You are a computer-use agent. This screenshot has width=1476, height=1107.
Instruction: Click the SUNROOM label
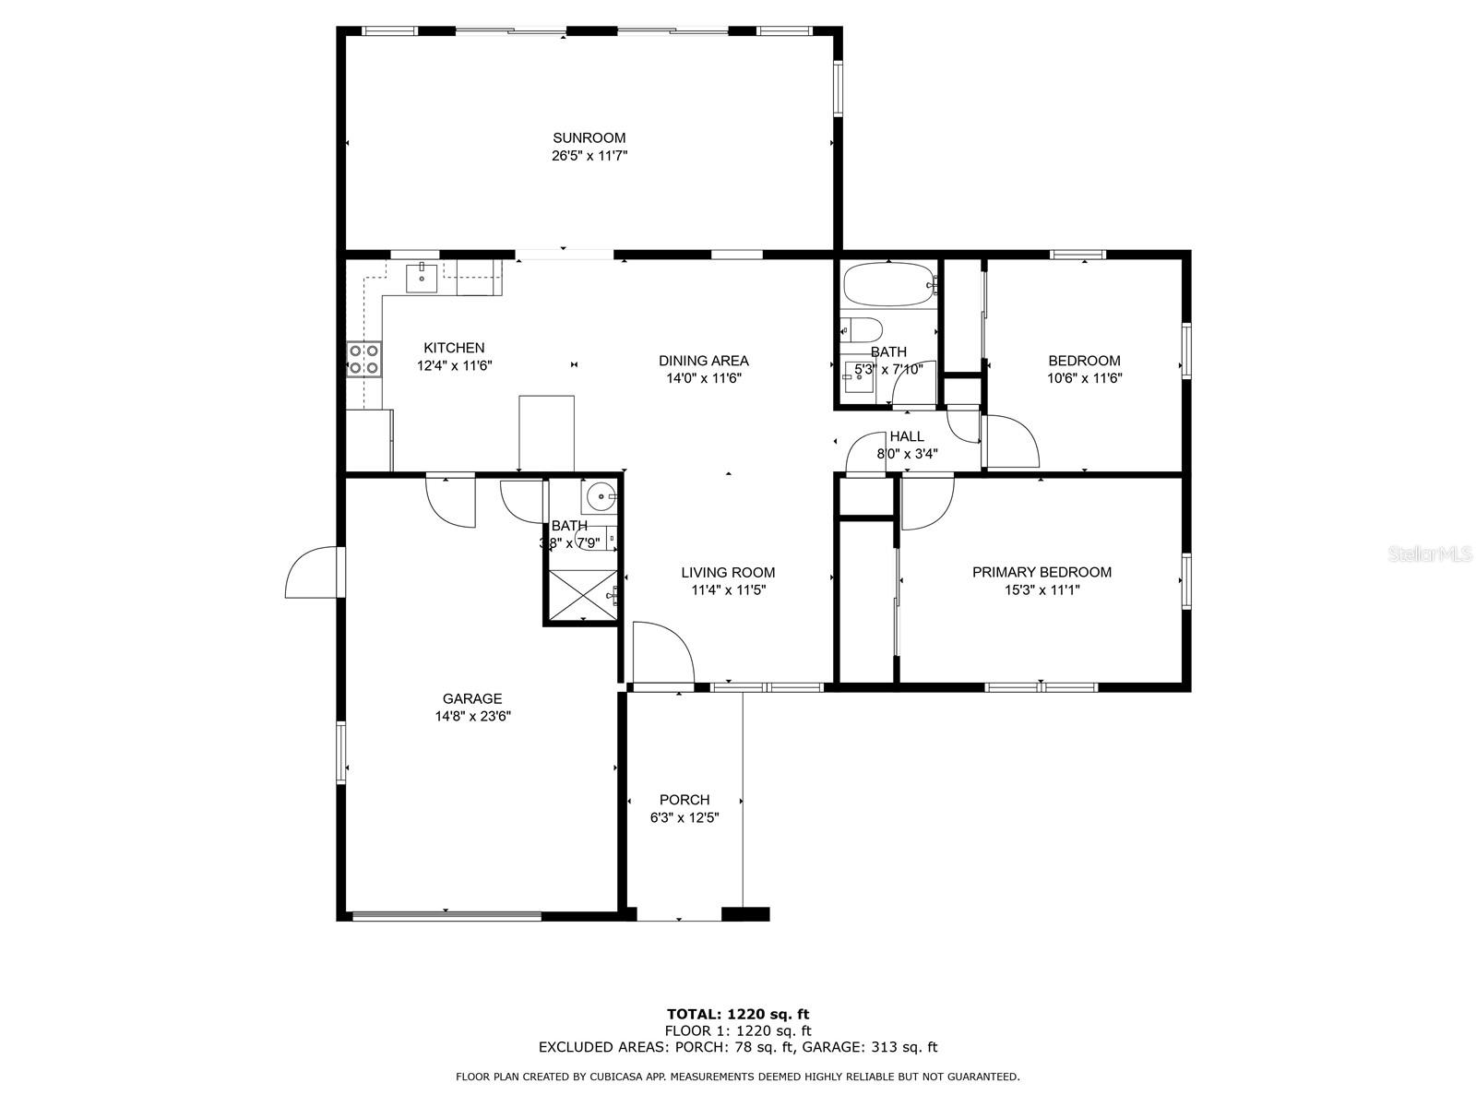[x=589, y=137]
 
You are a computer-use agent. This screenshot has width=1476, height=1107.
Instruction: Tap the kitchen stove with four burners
[x=363, y=359]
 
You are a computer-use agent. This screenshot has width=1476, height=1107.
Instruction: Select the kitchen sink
[x=422, y=279]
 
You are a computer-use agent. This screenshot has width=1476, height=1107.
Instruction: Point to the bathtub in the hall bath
[x=889, y=285]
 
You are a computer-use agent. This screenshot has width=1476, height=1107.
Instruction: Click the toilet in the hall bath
[x=862, y=329]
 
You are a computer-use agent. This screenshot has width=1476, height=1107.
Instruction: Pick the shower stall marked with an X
[x=583, y=596]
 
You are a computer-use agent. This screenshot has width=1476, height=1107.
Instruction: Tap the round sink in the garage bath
[x=600, y=497]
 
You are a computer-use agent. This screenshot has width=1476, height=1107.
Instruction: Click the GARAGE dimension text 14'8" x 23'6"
[x=472, y=717]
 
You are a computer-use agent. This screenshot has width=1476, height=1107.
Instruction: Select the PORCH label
[x=684, y=800]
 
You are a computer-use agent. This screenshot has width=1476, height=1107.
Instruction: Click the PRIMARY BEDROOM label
[x=1042, y=572]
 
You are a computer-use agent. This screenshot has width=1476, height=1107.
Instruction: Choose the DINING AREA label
[x=703, y=361]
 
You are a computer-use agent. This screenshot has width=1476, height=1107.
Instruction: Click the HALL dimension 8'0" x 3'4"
[x=907, y=454]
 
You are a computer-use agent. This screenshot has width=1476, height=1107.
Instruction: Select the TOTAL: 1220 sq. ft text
[x=738, y=1014]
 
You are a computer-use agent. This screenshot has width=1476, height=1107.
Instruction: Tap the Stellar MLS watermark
[x=1430, y=553]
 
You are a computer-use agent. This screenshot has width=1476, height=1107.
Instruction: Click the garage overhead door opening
[x=446, y=915]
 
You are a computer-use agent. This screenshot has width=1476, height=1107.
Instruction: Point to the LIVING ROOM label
[x=728, y=573]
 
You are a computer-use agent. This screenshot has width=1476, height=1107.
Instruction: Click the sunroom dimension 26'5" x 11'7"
[x=589, y=156]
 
